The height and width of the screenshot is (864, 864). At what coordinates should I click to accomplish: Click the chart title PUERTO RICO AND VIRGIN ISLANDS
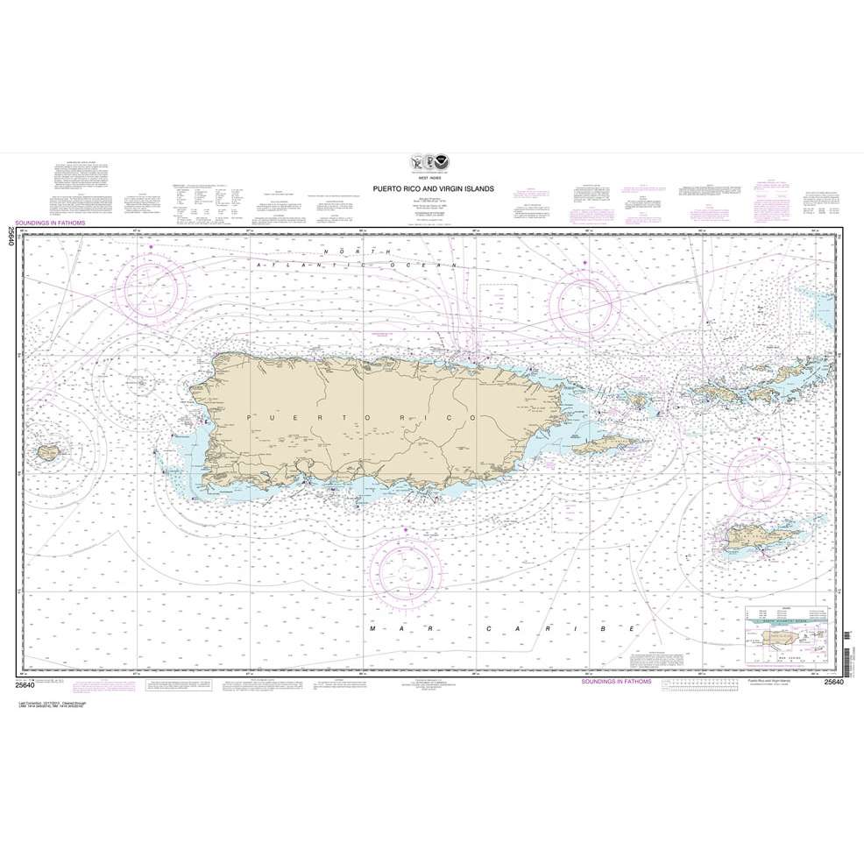pyautogui.click(x=432, y=188)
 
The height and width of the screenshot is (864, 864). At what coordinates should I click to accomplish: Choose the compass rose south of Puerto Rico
pyautogui.click(x=406, y=573)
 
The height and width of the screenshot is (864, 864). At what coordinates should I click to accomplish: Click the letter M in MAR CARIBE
pyautogui.click(x=373, y=629)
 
